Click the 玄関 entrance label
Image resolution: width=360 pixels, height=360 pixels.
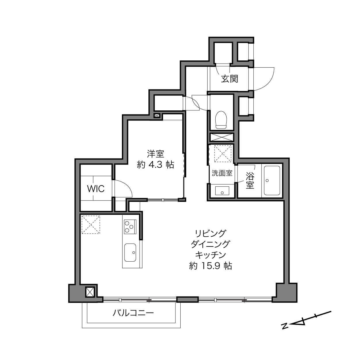point(229,79)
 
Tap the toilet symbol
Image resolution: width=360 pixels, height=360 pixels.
point(221,120)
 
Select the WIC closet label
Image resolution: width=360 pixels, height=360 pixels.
point(96,189)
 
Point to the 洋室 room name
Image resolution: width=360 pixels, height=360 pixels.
point(156,154)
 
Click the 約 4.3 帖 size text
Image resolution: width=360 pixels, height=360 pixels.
point(156,165)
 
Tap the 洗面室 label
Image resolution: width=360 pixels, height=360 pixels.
point(222,173)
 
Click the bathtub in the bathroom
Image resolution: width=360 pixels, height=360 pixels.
point(272,181)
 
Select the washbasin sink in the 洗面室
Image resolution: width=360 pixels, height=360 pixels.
point(222,191)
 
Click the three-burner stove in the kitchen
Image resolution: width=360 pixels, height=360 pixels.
point(130,227)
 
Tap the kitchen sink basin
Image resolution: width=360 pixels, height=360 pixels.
point(130,252)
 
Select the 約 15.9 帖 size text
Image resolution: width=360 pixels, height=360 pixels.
point(210,266)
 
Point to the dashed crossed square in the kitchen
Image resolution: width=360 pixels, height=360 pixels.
point(91,225)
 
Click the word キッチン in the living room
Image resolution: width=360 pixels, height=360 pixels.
point(210,255)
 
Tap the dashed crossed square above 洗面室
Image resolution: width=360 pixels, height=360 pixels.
point(223,154)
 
